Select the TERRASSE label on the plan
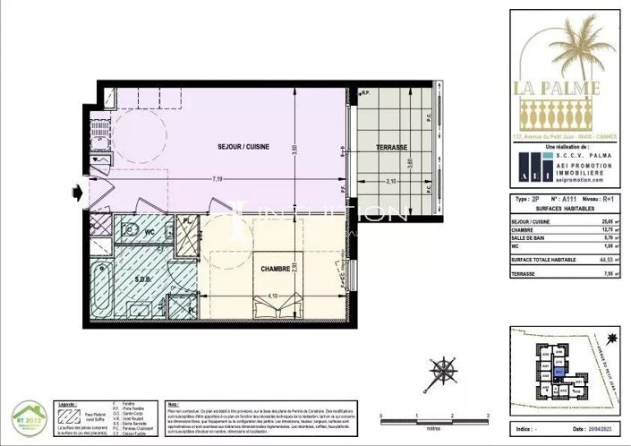[392, 148]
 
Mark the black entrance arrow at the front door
[82, 191]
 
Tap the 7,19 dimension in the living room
[217, 180]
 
